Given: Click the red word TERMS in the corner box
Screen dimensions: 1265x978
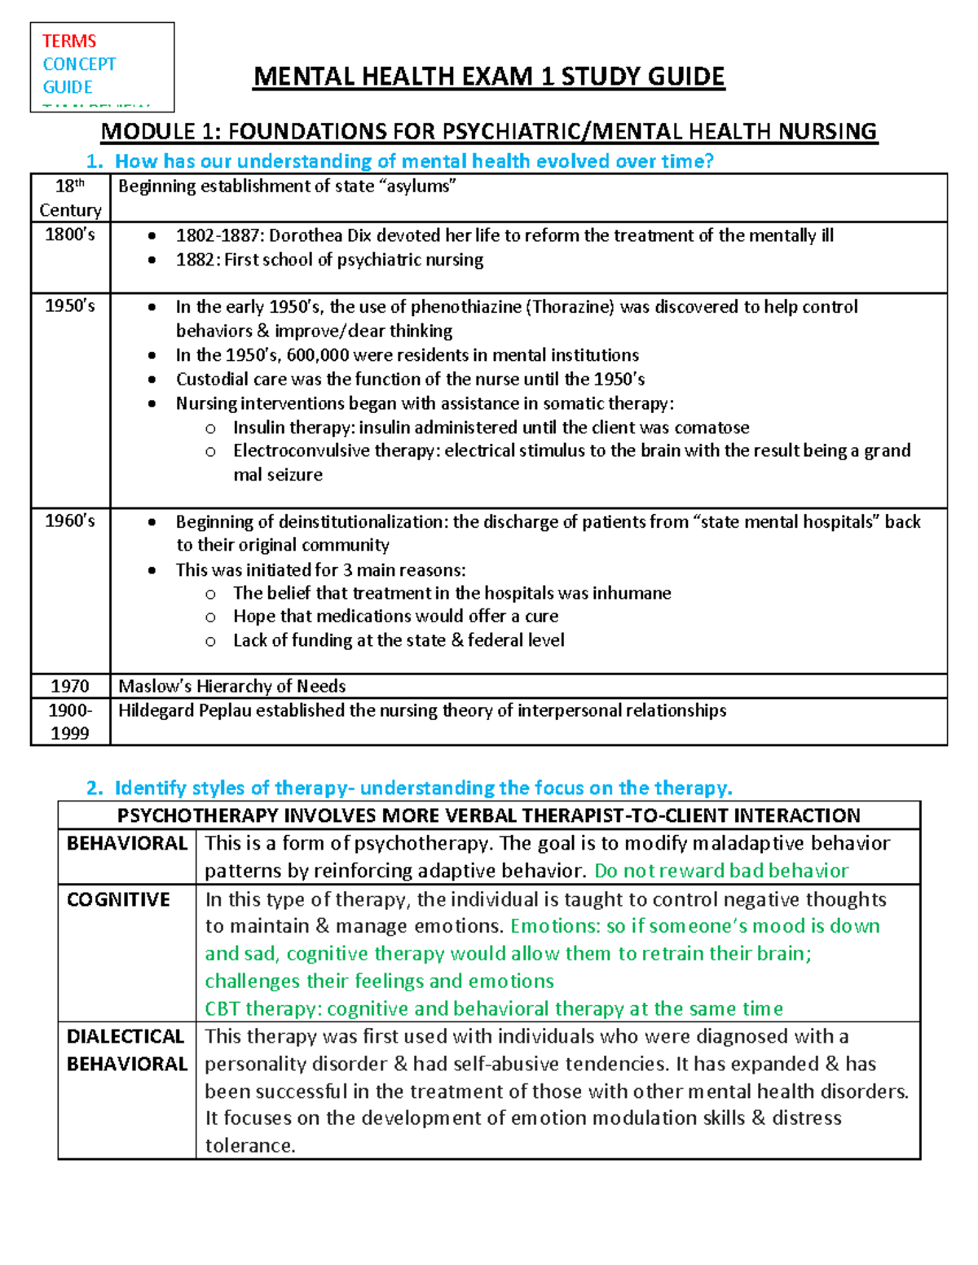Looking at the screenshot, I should coord(69,41).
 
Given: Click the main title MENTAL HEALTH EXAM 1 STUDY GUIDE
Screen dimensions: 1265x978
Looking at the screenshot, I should coord(488,77).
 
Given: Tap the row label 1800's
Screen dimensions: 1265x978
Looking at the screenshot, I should coord(70,235).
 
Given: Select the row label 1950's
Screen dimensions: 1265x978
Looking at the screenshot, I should coord(70,305).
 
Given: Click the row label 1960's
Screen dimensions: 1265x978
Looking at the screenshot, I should coord(70,520).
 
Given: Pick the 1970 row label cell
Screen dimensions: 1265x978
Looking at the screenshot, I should coord(70,686).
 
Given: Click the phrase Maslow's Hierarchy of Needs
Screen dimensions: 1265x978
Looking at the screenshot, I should coord(231,686).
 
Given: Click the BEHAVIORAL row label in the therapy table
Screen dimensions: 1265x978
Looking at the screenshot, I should coord(126,843).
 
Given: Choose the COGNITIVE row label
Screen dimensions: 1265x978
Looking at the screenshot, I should coord(118,899).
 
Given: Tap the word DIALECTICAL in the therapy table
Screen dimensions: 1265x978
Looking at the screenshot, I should coord(126,1036).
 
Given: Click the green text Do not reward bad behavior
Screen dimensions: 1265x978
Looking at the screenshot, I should coord(721,871).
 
